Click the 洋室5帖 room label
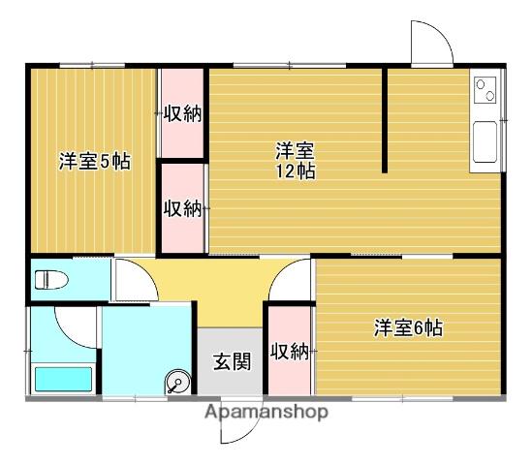(94, 161)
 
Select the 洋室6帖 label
(408, 327)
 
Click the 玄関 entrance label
(232, 362)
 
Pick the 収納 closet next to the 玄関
(290, 351)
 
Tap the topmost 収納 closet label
(182, 113)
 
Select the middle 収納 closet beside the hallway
(182, 207)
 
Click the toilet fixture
(53, 281)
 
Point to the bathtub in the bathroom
(63, 379)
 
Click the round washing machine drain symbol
(177, 382)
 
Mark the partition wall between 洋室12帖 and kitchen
(385, 119)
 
